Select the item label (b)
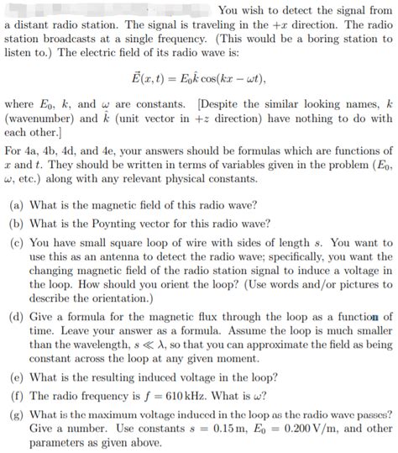(x=16, y=224)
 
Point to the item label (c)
(x=16, y=242)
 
